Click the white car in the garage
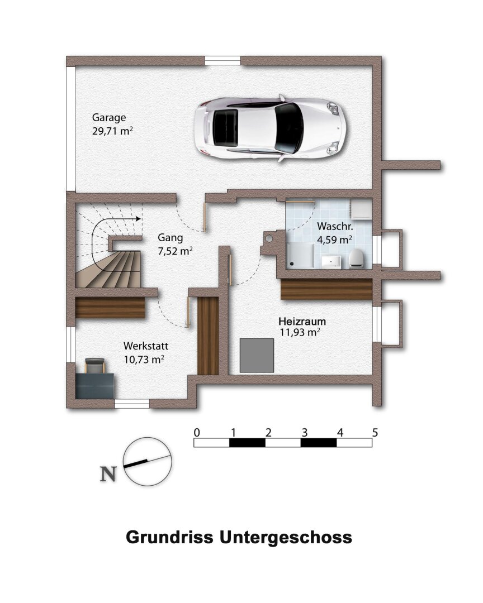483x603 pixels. (x=269, y=128)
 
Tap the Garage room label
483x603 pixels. (x=109, y=118)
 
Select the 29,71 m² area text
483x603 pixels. (x=112, y=132)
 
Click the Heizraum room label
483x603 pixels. (x=302, y=322)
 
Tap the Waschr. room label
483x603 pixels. (x=334, y=227)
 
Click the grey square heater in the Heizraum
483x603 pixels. (x=257, y=355)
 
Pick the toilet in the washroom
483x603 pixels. (x=357, y=258)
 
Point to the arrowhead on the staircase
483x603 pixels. (x=136, y=219)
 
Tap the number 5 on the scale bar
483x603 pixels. (x=375, y=432)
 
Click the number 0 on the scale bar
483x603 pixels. (x=196, y=432)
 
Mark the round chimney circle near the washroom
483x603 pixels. (x=269, y=238)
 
